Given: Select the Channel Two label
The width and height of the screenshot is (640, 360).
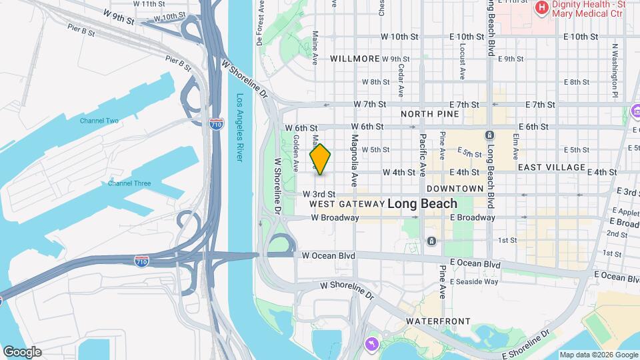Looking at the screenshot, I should [99, 121].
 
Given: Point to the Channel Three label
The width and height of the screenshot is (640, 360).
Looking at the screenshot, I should [129, 183].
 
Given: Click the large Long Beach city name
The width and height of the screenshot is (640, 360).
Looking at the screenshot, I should [422, 204].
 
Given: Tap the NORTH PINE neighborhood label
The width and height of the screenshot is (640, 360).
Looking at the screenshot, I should [430, 114].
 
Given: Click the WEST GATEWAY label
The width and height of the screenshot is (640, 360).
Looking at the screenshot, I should [347, 203].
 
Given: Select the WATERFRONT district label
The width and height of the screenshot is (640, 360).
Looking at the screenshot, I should [438, 321].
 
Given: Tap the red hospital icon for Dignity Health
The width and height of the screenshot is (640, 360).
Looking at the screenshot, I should [541, 9].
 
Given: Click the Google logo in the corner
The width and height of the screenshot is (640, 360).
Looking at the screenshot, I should [22, 352].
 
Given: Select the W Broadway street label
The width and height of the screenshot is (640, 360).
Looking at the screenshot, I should [335, 218].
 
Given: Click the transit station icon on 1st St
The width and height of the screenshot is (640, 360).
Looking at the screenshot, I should [432, 241].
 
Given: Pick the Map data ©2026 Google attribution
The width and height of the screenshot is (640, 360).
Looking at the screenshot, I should [598, 355].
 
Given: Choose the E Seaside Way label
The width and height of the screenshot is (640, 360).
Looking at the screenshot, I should [474, 281].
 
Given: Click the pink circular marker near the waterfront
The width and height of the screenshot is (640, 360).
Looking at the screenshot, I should [371, 343].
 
